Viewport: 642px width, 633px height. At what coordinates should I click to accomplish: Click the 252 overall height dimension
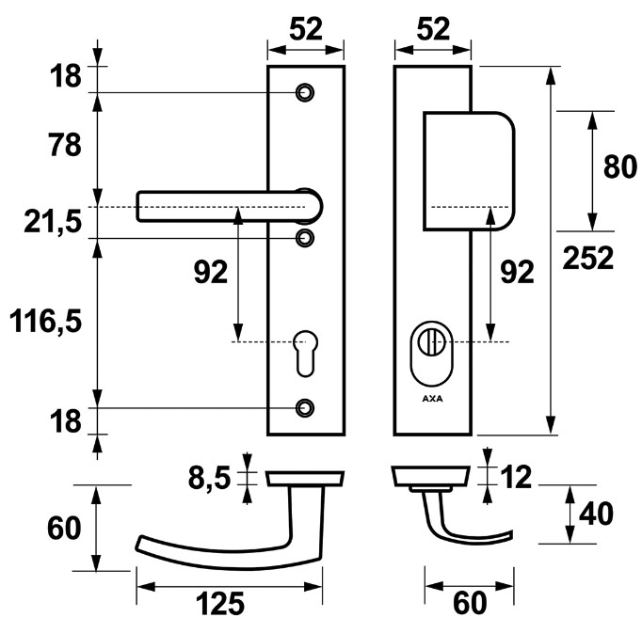click(x=589, y=257)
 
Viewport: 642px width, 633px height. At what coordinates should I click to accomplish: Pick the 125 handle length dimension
click(x=221, y=603)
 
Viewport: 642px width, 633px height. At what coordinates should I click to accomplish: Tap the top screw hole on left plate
click(x=304, y=92)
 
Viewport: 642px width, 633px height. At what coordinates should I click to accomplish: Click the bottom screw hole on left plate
click(x=304, y=407)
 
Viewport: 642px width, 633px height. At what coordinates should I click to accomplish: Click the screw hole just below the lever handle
click(x=304, y=238)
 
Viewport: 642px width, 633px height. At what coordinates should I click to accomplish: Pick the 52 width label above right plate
click(x=431, y=29)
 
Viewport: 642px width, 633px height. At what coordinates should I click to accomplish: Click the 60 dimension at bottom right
click(x=469, y=603)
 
